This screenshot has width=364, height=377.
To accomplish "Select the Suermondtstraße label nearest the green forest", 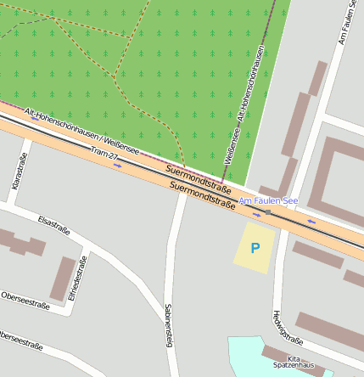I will (199, 175).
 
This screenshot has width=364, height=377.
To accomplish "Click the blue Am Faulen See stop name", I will (268, 200).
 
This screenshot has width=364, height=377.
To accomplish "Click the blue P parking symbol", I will (255, 248).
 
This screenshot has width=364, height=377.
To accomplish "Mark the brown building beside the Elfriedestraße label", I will (63, 279).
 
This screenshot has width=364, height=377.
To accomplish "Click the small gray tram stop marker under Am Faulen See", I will (267, 211).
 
